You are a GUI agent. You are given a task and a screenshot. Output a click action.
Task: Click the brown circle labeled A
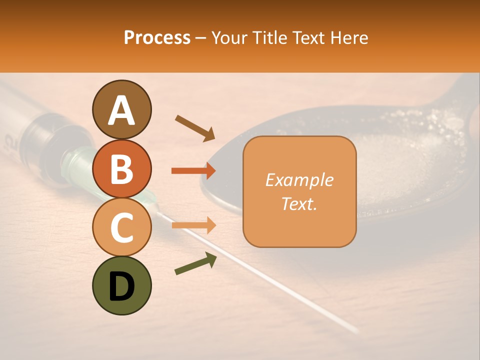click(x=121, y=109)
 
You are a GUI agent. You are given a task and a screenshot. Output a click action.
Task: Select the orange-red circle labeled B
click(x=121, y=168)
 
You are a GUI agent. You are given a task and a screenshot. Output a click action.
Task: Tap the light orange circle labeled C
click(x=121, y=227)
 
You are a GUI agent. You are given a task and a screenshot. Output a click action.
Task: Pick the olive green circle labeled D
click(x=121, y=285)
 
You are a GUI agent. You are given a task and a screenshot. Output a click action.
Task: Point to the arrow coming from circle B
click(x=193, y=171)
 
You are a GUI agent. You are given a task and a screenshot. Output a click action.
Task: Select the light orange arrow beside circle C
click(x=193, y=225)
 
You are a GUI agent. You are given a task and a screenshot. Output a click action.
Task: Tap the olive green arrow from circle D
click(x=195, y=263)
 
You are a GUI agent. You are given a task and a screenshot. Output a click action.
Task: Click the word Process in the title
click(x=157, y=37)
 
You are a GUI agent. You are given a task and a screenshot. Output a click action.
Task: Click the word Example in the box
click(x=299, y=180)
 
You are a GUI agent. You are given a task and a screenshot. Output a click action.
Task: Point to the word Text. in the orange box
click(x=299, y=203)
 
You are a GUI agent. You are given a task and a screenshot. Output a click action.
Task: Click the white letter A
click(x=121, y=110)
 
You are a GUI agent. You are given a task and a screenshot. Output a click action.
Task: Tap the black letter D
click(x=121, y=286)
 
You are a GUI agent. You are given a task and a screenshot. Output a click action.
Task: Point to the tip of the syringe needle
click(x=356, y=330)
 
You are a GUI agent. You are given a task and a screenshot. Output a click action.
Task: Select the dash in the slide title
click(x=201, y=38)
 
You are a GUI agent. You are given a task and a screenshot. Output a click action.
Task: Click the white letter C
click(x=121, y=227)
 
